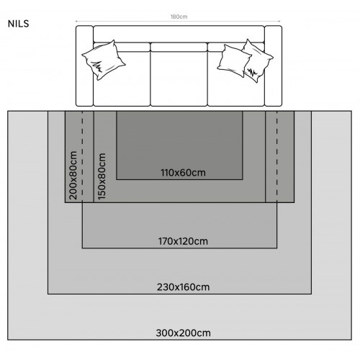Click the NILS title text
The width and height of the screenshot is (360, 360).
(x=18, y=24)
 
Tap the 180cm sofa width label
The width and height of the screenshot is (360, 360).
(x=179, y=17)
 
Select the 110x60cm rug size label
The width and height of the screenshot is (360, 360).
(x=183, y=173)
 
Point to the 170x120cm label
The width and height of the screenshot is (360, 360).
(x=183, y=241)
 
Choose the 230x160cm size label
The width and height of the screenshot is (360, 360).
(x=183, y=287)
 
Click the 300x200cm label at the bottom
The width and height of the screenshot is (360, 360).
(x=183, y=333)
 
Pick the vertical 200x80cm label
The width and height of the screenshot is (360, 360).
(x=73, y=175)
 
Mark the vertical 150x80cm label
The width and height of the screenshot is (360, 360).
(x=102, y=176)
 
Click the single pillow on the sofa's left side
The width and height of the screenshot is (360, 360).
(x=104, y=60)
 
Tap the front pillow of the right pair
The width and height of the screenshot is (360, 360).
(x=233, y=60)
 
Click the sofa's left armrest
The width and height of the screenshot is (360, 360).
(x=84, y=66)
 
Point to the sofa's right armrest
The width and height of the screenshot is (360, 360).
(x=273, y=66)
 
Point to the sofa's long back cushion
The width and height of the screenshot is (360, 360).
(x=179, y=34)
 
